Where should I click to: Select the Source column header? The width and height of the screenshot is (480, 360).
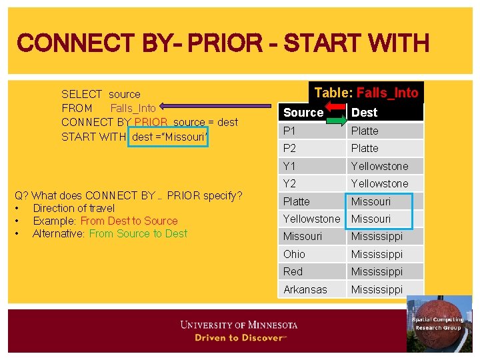pyautogui.click(x=303, y=113)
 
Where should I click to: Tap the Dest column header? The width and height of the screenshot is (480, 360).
pyautogui.click(x=364, y=113)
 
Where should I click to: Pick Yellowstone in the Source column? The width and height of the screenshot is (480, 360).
pyautogui.click(x=311, y=219)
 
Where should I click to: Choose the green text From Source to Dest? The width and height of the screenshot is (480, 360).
pyautogui.click(x=138, y=233)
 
